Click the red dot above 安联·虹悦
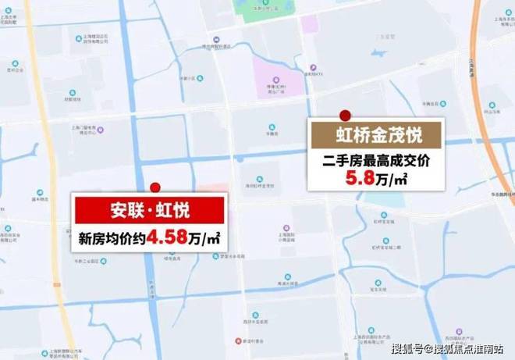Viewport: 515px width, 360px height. coord(155,187)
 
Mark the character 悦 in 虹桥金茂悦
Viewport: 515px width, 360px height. coord(413,136)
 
